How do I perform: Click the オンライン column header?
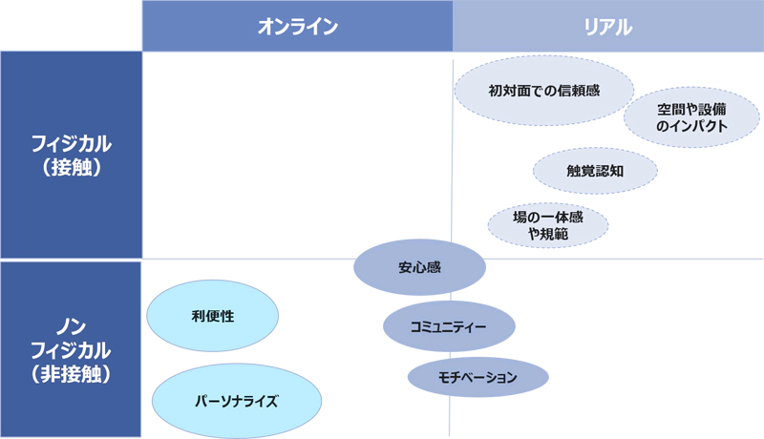click(297, 27)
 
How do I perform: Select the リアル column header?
click(608, 27)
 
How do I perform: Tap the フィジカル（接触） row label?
click(71, 155)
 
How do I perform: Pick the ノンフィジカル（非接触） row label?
click(71, 349)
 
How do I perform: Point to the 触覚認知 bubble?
click(594, 172)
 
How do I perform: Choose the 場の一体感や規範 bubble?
click(547, 226)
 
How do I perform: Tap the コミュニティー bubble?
click(449, 327)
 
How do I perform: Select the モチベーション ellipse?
click(477, 377)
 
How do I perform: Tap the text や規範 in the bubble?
click(547, 235)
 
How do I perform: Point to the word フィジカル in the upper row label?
click(71, 144)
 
